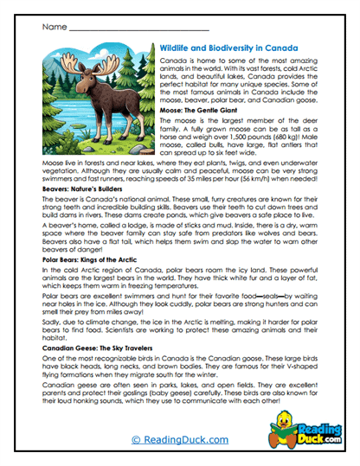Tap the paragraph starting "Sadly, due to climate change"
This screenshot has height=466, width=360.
pos(179,327)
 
